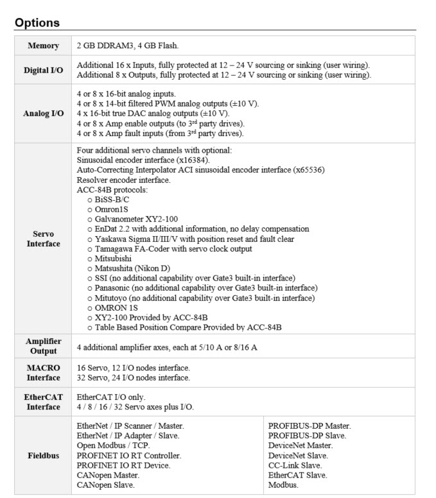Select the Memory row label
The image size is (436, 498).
pos(44,46)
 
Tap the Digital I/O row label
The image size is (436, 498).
pos(44,70)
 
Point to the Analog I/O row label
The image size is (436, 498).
pos(44,114)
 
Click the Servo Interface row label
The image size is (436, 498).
pos(44,239)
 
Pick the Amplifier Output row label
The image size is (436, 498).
pos(44,347)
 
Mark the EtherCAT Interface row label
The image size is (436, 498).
pos(44,402)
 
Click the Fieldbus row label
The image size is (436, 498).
pos(44,456)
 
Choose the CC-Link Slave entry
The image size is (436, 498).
pos(295,465)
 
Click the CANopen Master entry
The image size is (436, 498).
pos(108,475)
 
